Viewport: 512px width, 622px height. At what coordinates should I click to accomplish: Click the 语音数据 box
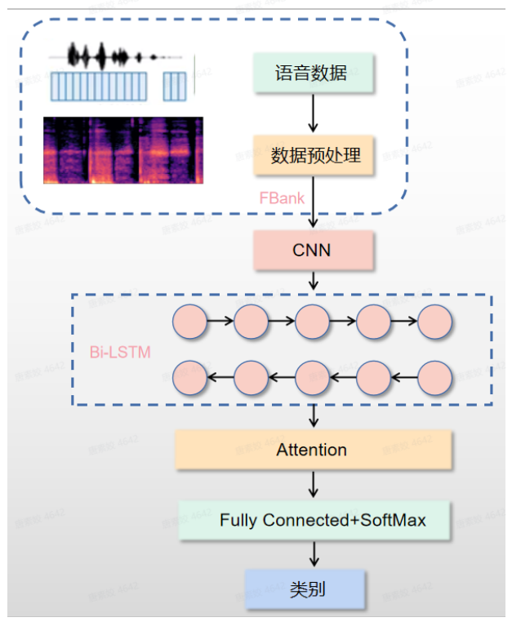[313, 73]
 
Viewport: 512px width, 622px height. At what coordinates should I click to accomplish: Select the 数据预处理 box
[313, 154]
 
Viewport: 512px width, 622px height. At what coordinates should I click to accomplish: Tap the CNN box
[313, 250]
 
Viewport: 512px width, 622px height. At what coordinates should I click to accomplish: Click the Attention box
[313, 450]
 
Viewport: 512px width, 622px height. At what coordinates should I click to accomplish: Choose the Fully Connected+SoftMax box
[314, 520]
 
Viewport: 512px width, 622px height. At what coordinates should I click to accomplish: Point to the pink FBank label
[282, 198]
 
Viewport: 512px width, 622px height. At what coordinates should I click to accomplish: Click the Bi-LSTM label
[120, 352]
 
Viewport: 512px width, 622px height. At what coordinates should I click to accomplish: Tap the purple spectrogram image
[123, 150]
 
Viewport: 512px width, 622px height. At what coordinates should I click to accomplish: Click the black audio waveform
[114, 56]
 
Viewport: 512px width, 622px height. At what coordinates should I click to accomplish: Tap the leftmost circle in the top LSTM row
[189, 322]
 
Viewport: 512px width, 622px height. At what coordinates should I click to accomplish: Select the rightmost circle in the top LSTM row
[434, 322]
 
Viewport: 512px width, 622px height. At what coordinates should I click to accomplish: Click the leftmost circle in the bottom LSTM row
[189, 377]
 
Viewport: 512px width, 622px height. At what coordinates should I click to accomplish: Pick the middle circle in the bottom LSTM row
[312, 377]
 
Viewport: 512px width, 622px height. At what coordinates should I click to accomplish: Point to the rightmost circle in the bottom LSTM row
[434, 377]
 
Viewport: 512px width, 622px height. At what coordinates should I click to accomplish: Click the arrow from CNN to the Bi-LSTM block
[313, 282]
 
